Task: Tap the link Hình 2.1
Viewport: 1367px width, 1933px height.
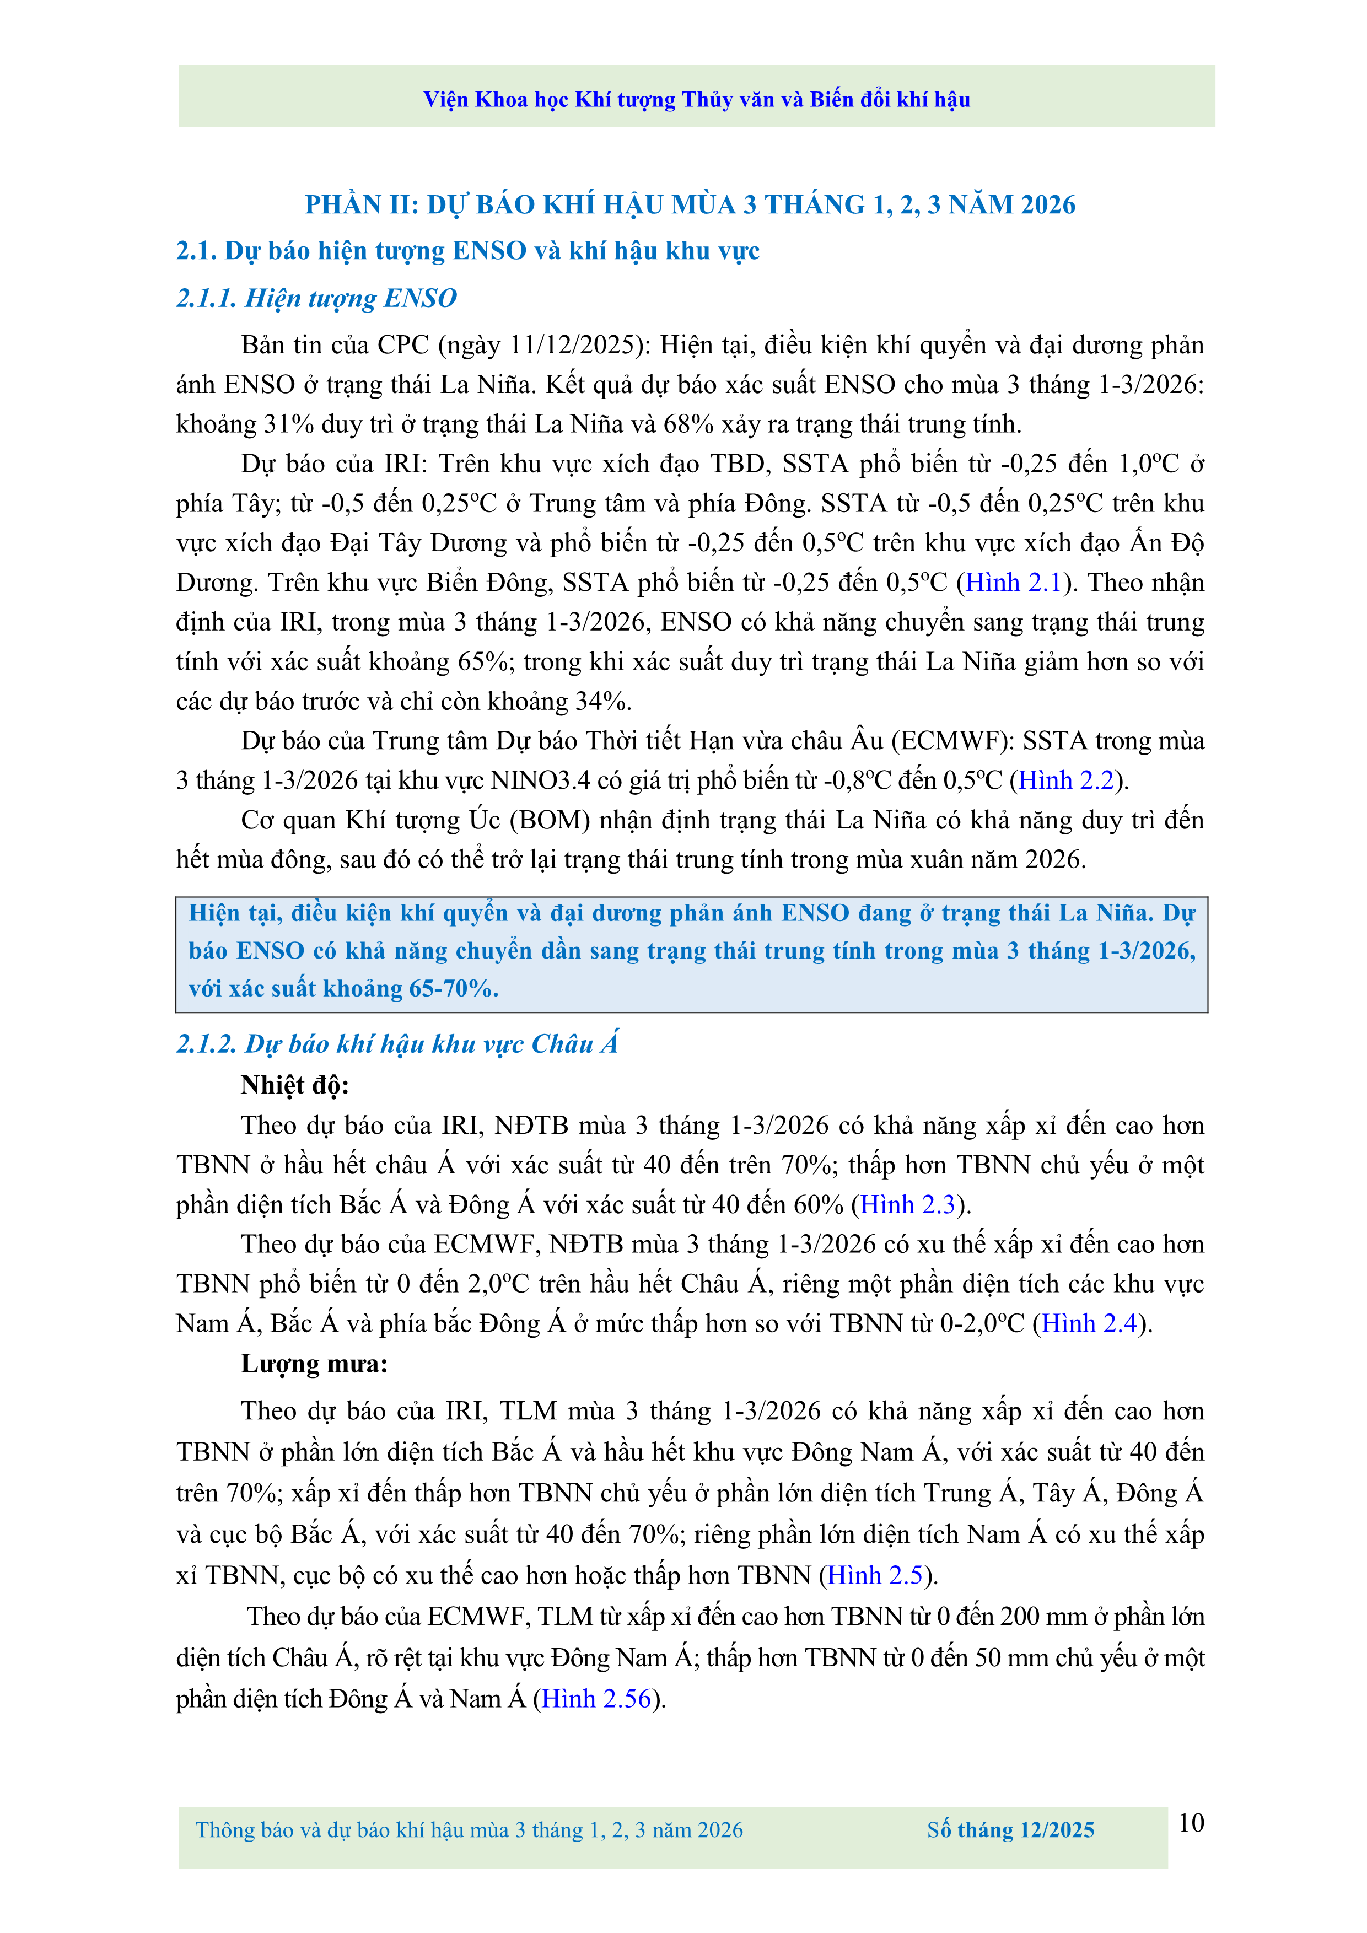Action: point(1014,583)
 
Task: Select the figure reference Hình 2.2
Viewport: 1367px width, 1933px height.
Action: point(1065,780)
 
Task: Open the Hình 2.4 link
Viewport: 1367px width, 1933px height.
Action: point(1089,1323)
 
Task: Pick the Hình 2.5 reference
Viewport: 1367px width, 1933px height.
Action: point(875,1575)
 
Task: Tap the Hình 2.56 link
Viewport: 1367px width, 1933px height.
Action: point(597,1699)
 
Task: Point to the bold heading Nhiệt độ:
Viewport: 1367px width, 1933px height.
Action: point(294,1085)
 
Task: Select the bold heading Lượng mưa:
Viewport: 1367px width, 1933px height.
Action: point(314,1364)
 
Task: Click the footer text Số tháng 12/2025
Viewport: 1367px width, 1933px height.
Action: point(1010,1830)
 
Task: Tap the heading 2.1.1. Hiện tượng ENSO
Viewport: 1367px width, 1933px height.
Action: point(316,298)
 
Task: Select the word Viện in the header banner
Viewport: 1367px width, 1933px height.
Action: point(445,100)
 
